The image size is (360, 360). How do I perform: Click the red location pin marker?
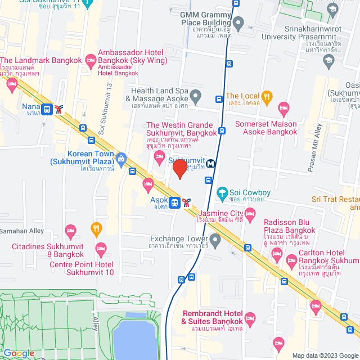coord(179,169)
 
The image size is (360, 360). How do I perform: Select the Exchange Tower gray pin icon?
coord(215,238)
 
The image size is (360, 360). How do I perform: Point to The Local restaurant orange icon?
coord(267,96)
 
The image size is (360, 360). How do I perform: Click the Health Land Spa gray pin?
coord(195,96)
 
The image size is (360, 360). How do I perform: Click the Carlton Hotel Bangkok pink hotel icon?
coord(291,259)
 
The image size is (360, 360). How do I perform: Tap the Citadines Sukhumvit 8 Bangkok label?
coord(48,251)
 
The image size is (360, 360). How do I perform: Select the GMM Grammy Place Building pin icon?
coord(238,24)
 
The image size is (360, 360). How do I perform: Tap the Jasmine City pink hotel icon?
coord(250,213)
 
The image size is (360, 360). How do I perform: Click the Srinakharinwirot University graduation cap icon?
coord(328,59)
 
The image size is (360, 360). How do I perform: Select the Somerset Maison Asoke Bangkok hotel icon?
coord(283,107)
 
